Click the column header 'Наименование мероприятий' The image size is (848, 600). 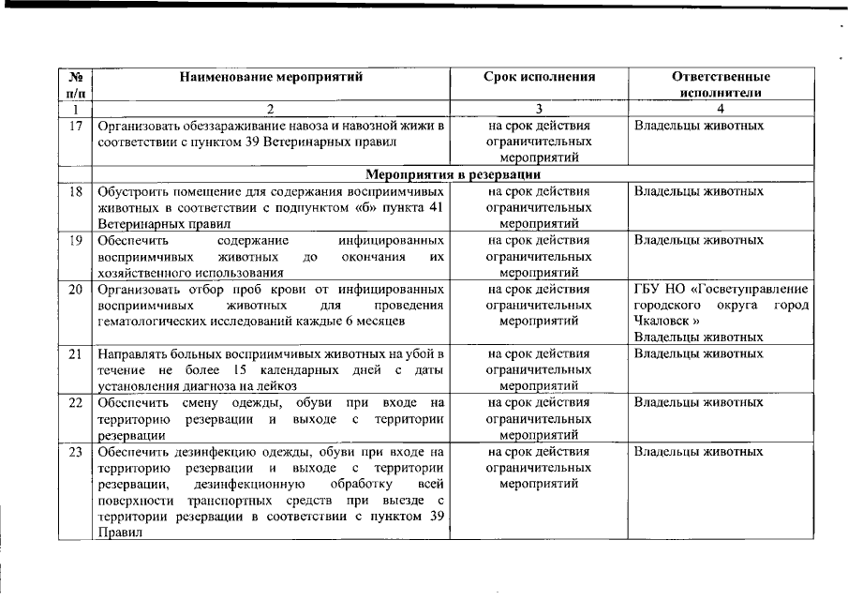coord(271,77)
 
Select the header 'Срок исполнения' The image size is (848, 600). coord(539,77)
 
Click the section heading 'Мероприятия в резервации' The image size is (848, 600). coord(451,174)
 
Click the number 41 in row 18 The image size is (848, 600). coord(430,207)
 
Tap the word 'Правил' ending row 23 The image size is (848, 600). coord(117,532)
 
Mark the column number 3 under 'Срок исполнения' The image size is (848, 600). coord(539,109)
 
